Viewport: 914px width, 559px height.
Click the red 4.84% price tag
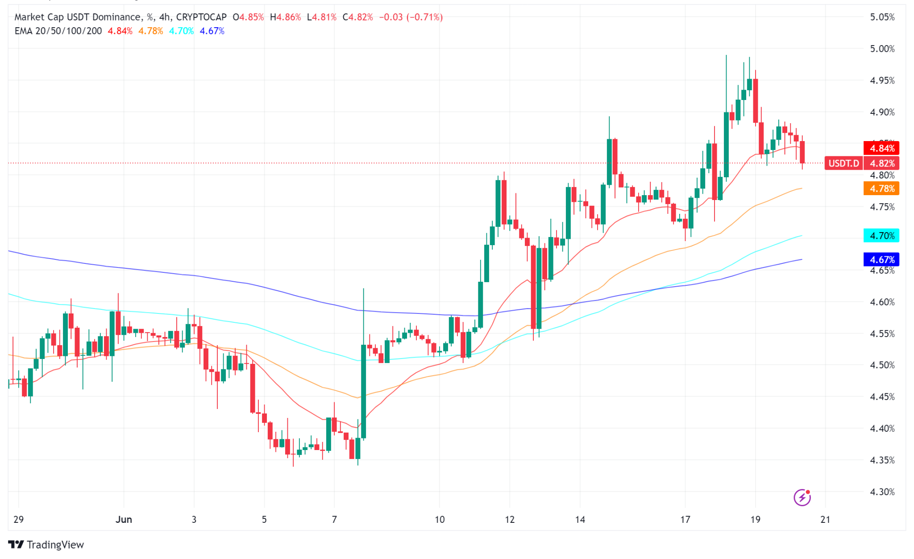[x=881, y=148]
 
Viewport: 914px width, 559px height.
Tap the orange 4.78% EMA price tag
[x=881, y=188]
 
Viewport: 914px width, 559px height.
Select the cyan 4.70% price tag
[x=881, y=236]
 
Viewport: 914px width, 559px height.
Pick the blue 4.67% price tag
[x=881, y=259]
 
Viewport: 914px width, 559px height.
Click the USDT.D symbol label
[x=843, y=163]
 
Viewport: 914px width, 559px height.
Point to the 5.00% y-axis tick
[x=882, y=49]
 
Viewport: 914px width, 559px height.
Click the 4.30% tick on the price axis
[x=882, y=492]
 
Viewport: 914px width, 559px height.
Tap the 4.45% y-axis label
[x=882, y=397]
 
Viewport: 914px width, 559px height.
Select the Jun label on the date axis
[x=124, y=520]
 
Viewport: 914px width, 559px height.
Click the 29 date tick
[x=18, y=520]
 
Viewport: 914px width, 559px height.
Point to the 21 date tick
[x=826, y=520]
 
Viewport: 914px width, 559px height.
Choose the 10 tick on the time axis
[x=440, y=520]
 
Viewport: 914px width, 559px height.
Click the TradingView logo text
[x=55, y=545]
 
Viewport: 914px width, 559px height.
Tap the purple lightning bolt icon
[x=802, y=497]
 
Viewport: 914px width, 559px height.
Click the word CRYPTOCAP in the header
[x=201, y=17]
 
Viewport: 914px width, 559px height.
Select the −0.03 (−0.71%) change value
[x=411, y=17]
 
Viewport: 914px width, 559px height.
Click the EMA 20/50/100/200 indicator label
[x=58, y=31]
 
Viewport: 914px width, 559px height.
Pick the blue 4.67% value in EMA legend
[x=212, y=31]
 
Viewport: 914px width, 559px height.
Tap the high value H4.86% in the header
[x=285, y=17]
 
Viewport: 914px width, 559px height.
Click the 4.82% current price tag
[x=881, y=163]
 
